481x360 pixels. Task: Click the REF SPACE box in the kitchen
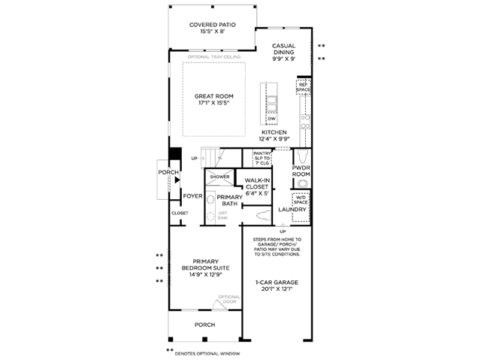[303, 87]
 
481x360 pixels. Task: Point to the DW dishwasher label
[272, 119]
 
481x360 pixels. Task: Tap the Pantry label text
[262, 158]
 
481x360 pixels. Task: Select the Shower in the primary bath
[219, 177]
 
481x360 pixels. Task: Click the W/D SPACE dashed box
[301, 201]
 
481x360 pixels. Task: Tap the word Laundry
[293, 210]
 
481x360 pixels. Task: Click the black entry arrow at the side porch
[177, 180]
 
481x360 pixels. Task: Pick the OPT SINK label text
[222, 215]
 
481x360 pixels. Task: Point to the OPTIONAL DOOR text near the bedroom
[228, 300]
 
